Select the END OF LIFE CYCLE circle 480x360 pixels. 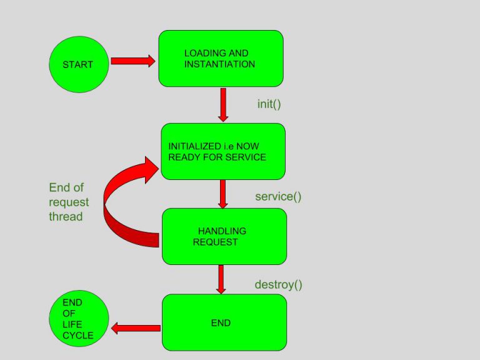point(79,319)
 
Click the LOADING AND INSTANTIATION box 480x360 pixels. point(221,58)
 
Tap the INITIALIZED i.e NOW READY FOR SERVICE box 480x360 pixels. point(223,151)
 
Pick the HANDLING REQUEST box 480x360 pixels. point(224,236)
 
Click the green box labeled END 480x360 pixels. point(224,322)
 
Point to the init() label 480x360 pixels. point(269,104)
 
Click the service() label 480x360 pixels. point(278,197)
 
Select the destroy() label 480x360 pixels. point(278,285)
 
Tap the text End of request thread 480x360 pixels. point(69,202)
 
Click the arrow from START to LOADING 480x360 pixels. point(132,61)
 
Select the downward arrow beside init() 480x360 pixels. point(223,104)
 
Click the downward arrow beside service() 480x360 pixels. point(222,194)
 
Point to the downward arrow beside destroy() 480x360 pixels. point(220,279)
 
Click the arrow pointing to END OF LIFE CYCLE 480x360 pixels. point(136,327)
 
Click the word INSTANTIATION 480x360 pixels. point(219,64)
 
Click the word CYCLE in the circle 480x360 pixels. point(78,336)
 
